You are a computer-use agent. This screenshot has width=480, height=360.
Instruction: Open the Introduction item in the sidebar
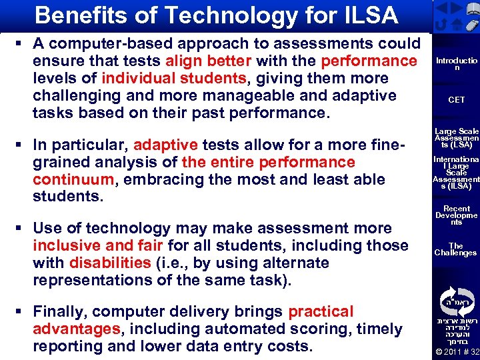pos(457,64)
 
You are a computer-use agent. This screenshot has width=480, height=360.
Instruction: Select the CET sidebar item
pos(457,100)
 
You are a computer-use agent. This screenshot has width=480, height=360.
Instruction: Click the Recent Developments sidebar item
pos(457,216)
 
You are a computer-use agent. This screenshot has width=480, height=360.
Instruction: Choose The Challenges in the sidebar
pos(457,249)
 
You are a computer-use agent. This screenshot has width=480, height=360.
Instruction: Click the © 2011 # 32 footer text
pos(457,351)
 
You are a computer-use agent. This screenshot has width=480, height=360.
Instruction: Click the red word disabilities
pos(110,263)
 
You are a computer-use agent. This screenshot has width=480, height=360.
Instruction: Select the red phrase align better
pos(207,61)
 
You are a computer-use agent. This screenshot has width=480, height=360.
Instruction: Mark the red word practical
pos(321,311)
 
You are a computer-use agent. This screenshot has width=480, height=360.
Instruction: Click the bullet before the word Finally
pos(19,311)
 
